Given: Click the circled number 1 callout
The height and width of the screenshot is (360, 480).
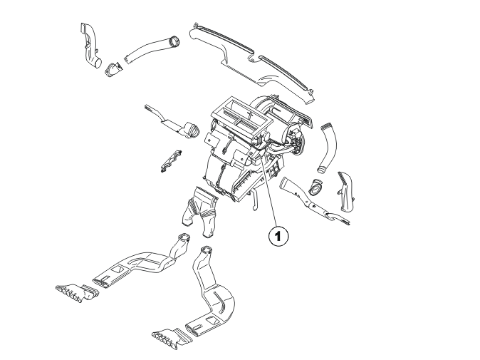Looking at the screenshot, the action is pyautogui.click(x=278, y=236).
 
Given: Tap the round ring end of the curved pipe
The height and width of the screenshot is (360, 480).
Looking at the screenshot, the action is pyautogui.click(x=174, y=42).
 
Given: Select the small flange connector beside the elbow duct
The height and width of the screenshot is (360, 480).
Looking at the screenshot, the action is pyautogui.click(x=113, y=70).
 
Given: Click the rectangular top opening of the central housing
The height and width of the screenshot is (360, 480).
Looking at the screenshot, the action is pyautogui.click(x=241, y=116).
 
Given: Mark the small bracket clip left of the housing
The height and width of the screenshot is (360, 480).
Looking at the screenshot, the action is pyautogui.click(x=170, y=160).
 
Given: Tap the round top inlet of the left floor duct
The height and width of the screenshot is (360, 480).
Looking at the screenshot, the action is pyautogui.click(x=184, y=237).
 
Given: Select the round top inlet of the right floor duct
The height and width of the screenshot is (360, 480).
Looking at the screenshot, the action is pyautogui.click(x=206, y=250).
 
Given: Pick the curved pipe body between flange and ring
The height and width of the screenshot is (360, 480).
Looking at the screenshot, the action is pyautogui.click(x=147, y=51).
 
